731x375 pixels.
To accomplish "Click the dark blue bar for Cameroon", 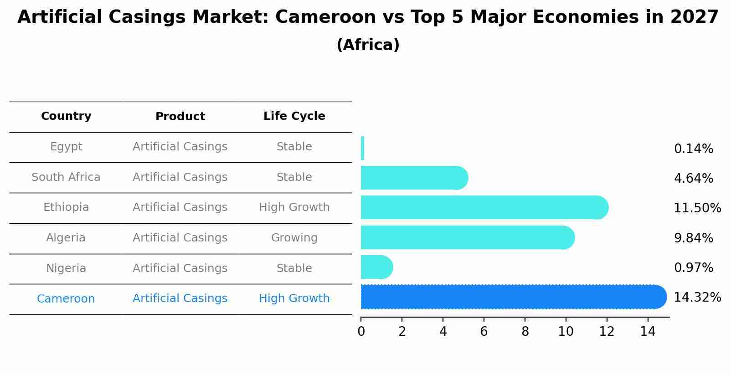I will [x=510, y=297].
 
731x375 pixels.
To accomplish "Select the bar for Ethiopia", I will [x=483, y=207].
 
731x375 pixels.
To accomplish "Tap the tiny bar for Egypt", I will [x=363, y=148].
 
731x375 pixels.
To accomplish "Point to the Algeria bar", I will [x=465, y=237].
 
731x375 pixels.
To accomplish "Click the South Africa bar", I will [x=412, y=178].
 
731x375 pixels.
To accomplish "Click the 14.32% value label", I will [x=697, y=298].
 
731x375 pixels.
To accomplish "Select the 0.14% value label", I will [x=693, y=149].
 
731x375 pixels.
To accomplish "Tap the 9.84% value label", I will [x=693, y=238].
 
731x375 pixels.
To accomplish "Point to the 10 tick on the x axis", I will [x=566, y=332].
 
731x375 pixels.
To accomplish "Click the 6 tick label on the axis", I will [x=484, y=332].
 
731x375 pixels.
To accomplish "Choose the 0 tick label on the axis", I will [x=361, y=332].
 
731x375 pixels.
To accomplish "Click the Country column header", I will [x=66, y=116].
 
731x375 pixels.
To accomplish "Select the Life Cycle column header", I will [x=294, y=116].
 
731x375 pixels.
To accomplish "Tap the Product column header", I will [x=180, y=117].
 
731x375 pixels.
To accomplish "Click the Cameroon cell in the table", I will [x=66, y=299].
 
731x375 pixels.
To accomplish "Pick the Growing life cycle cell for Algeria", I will [x=294, y=238].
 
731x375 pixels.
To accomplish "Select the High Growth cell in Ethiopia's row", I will [x=294, y=207].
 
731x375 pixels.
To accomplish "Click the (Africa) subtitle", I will [x=368, y=45].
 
